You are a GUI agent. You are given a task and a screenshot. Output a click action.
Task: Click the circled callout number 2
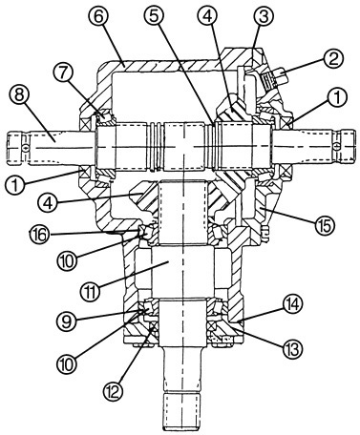click(x=333, y=59)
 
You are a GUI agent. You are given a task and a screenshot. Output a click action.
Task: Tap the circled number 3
click(x=264, y=17)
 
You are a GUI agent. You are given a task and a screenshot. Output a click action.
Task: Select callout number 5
click(x=154, y=17)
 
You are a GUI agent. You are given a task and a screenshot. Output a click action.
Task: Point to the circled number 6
click(x=98, y=17)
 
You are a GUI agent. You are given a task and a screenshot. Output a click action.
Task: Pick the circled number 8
click(x=20, y=95)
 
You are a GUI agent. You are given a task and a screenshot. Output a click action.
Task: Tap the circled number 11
click(x=91, y=290)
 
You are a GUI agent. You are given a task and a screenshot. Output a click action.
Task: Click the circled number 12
click(x=115, y=390)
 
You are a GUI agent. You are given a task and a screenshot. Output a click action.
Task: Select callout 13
click(x=292, y=348)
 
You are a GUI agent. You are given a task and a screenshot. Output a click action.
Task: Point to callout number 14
click(x=292, y=304)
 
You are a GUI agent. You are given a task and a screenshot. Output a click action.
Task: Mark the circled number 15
click(x=325, y=223)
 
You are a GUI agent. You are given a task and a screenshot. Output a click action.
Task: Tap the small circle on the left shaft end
click(x=25, y=147)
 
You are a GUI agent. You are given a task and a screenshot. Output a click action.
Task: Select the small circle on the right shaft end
click(x=337, y=146)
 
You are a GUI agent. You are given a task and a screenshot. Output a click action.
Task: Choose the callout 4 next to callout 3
click(x=207, y=17)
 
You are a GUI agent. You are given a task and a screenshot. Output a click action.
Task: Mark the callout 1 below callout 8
click(x=15, y=186)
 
